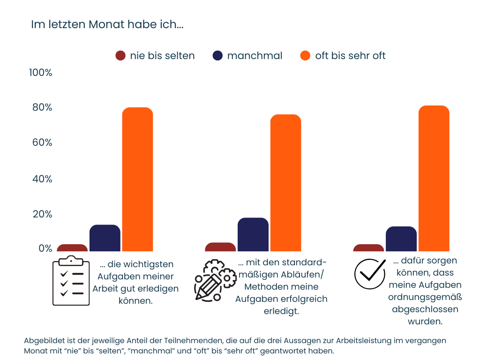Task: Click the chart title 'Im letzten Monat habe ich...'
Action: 107,24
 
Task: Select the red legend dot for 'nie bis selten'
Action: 120,56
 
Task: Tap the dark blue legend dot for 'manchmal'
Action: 217,56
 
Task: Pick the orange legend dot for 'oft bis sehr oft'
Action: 305,56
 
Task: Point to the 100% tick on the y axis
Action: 40,73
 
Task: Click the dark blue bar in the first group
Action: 105,238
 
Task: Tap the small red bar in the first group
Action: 72,248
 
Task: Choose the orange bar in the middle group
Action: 285,183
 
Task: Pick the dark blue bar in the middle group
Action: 253,234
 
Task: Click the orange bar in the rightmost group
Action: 434,179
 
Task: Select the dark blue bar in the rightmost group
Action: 401,239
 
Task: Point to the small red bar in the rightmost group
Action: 368,248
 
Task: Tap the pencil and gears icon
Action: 215,280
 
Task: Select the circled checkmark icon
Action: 369,274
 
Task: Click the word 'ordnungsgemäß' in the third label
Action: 425,297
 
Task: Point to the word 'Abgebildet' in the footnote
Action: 42,340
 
